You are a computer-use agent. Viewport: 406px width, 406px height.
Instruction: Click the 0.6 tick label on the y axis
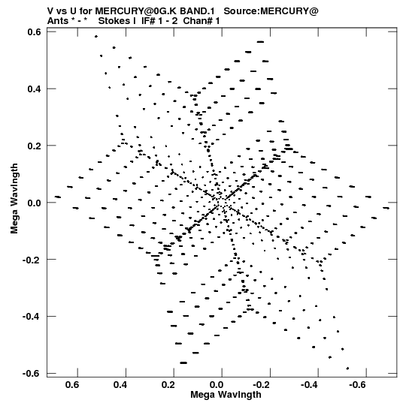(34, 32)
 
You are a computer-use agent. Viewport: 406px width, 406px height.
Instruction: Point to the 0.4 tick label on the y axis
(34, 89)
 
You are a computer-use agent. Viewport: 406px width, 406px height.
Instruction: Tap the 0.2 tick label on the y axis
(34, 146)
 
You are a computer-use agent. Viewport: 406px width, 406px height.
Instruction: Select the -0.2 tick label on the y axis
(32, 260)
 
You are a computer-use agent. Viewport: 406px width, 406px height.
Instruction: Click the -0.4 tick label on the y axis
(32, 317)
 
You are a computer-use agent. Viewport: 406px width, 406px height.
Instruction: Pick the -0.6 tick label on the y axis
(32, 374)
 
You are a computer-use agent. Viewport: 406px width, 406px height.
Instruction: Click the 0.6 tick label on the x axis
(72, 385)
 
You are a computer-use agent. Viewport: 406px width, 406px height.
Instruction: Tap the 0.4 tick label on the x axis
(120, 385)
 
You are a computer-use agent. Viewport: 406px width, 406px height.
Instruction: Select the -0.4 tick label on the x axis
(310, 385)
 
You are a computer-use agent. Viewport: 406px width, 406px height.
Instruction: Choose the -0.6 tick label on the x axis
(358, 385)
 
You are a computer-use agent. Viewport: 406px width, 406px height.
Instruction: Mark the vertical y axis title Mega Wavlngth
(14, 199)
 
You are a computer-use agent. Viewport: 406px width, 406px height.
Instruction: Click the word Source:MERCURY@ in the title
(271, 11)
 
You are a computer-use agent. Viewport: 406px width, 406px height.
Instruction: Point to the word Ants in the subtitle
(58, 21)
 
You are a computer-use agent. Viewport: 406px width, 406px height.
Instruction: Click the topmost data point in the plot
(96, 37)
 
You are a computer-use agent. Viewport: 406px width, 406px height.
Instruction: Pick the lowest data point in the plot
(347, 368)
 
